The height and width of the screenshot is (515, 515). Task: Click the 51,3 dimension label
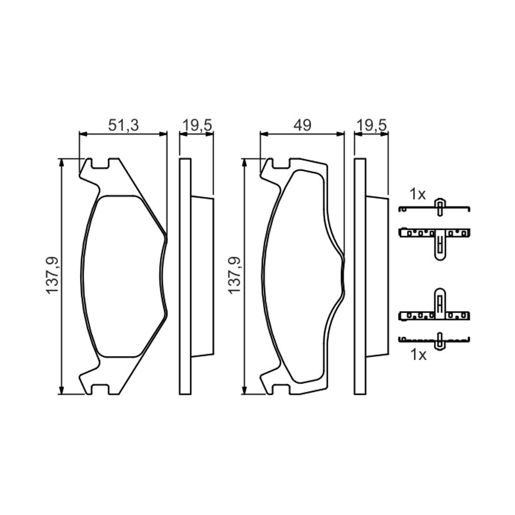(x=124, y=125)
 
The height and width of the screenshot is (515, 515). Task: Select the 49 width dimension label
(x=302, y=125)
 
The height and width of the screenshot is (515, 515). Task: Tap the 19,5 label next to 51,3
(x=197, y=125)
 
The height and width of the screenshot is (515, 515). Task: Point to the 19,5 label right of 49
(x=372, y=125)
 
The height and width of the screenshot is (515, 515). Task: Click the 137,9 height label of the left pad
(x=52, y=276)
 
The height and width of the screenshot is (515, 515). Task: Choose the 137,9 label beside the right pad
(x=234, y=276)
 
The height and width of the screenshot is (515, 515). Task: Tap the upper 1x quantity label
(x=418, y=194)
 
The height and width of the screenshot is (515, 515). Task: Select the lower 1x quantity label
(x=418, y=355)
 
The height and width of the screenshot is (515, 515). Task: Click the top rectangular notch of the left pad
(x=100, y=164)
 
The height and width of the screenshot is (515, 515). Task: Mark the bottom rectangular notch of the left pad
(x=100, y=389)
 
